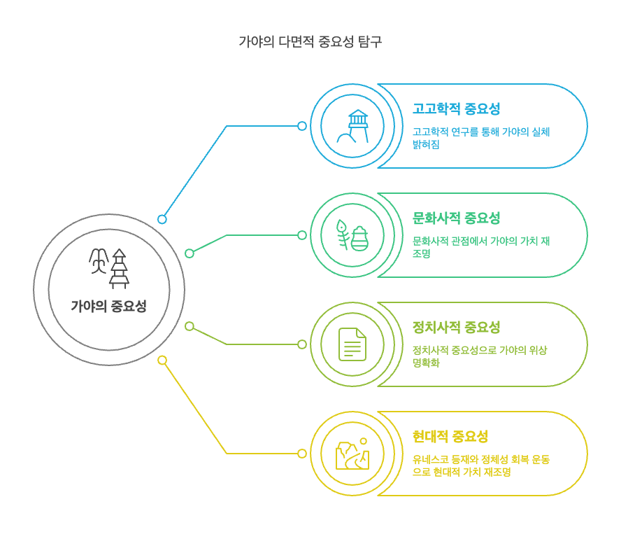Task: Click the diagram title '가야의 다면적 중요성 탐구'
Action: click(x=310, y=41)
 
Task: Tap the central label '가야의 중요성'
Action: click(x=108, y=306)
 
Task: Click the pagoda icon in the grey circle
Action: click(x=109, y=268)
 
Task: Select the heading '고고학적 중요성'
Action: click(x=456, y=109)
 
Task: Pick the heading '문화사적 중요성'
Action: click(x=456, y=218)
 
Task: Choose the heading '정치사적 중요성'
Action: click(x=456, y=328)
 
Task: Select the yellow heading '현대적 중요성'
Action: click(x=450, y=437)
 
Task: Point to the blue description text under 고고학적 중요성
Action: click(x=480, y=138)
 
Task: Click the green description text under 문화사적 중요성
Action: click(x=480, y=247)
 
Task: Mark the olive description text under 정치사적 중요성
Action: click(x=479, y=356)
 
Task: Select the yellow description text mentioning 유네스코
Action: click(x=480, y=465)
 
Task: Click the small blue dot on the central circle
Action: click(x=162, y=219)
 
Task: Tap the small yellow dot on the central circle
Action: click(x=162, y=360)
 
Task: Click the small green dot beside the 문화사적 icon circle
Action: click(x=302, y=235)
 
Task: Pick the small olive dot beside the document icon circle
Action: click(x=302, y=344)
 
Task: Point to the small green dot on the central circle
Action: click(x=190, y=253)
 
